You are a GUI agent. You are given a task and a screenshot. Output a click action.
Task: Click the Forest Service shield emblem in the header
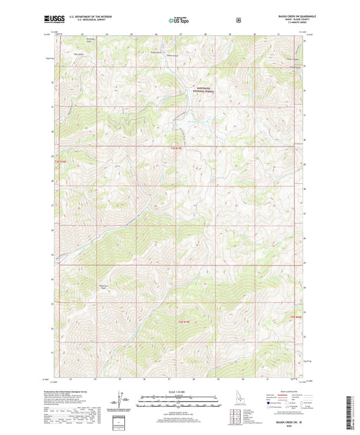[x=238, y=20]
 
